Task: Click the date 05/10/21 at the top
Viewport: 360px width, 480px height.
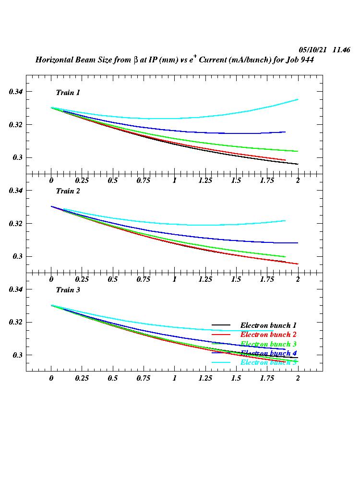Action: [x=312, y=50]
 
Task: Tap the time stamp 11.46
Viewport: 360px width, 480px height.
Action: [x=341, y=50]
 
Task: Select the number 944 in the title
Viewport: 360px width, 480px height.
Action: [x=307, y=60]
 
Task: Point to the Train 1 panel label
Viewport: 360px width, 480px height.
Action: [x=68, y=93]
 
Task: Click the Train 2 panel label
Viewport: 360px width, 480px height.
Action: [x=68, y=191]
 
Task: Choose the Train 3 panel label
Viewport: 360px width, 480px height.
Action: [x=68, y=290]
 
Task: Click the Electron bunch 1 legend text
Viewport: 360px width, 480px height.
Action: [x=268, y=325]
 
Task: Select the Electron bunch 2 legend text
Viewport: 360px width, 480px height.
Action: [x=268, y=335]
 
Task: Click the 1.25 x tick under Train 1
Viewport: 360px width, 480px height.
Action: [x=205, y=181]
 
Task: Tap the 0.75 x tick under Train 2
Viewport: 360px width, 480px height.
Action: [x=144, y=280]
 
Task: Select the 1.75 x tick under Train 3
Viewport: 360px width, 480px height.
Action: [x=267, y=378]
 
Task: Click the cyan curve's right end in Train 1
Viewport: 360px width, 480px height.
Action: [x=298, y=99]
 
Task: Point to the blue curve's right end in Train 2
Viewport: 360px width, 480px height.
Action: [x=298, y=243]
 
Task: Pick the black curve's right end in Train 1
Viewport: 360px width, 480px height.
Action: [x=298, y=164]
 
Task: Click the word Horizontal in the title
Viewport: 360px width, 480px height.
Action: [x=54, y=60]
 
